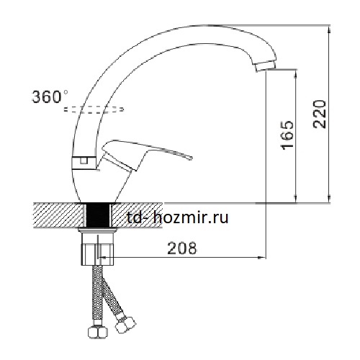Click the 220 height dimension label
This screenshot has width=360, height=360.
pyautogui.click(x=320, y=114)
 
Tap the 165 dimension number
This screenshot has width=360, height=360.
pyautogui.click(x=287, y=135)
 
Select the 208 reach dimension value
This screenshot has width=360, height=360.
pyautogui.click(x=182, y=248)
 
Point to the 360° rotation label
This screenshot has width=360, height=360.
pyautogui.click(x=50, y=96)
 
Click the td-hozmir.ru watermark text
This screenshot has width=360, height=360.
pyautogui.click(x=178, y=218)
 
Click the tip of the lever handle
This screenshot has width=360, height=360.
pyautogui.click(x=192, y=158)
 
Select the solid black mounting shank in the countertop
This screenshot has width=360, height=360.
pyautogui.click(x=98, y=215)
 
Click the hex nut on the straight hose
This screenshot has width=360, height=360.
pyautogui.click(x=98, y=332)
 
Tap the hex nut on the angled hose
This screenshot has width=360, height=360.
pyautogui.click(x=125, y=324)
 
